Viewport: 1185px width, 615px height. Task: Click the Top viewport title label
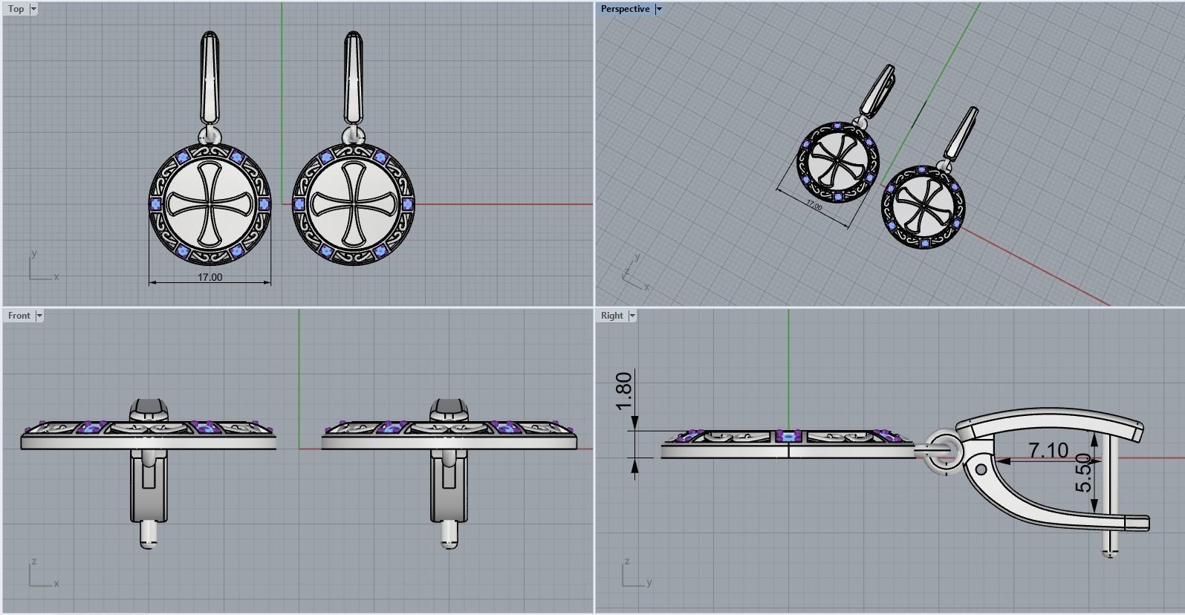pyautogui.click(x=16, y=9)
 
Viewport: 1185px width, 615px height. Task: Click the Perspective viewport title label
pyautogui.click(x=625, y=9)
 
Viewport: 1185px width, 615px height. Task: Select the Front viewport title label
pyautogui.click(x=19, y=316)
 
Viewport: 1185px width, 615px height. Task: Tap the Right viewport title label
pyautogui.click(x=611, y=316)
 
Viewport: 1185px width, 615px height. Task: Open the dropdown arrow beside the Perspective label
pyautogui.click(x=658, y=9)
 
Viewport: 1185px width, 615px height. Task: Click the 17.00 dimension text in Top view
pyautogui.click(x=210, y=277)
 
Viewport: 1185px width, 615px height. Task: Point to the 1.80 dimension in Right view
pyautogui.click(x=624, y=391)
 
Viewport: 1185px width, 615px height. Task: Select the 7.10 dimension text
pyautogui.click(x=1048, y=450)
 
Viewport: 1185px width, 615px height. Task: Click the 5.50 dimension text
pyautogui.click(x=1084, y=473)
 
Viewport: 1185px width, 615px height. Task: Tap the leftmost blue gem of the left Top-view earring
pyautogui.click(x=155, y=204)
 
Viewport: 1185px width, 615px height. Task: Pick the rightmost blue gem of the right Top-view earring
pyautogui.click(x=408, y=204)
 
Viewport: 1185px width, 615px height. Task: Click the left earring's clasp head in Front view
pyautogui.click(x=149, y=409)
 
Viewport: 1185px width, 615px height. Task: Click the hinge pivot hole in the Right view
pyautogui.click(x=981, y=469)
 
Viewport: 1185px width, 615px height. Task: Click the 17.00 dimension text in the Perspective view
pyautogui.click(x=814, y=205)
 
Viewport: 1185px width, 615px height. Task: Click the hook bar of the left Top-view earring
pyautogui.click(x=210, y=78)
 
